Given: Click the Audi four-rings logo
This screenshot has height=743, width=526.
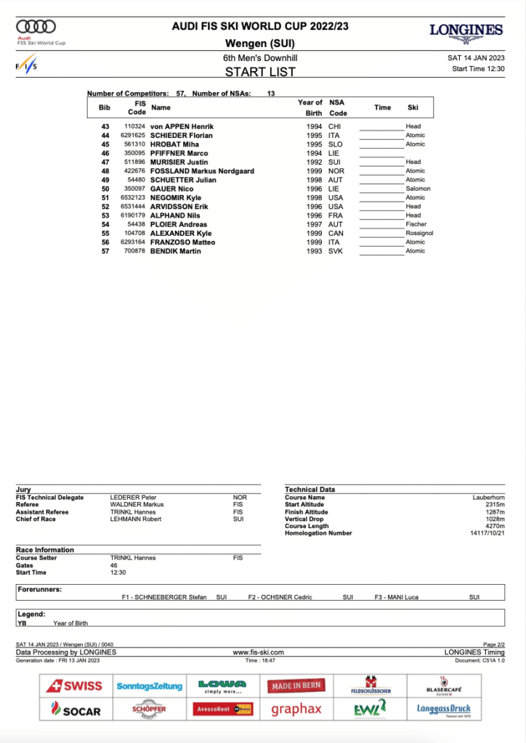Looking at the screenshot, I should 36,27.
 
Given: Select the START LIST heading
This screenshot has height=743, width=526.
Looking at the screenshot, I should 260,72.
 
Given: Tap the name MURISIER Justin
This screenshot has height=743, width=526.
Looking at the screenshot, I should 179,162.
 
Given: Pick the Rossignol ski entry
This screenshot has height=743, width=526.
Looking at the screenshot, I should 419,233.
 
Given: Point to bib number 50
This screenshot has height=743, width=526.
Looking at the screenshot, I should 105,189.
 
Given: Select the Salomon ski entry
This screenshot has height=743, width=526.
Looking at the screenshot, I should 418,189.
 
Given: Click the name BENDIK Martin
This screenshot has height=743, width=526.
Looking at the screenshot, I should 177,251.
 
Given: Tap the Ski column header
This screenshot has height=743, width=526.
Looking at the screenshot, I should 413,107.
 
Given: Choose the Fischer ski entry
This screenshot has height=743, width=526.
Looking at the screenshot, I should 416,224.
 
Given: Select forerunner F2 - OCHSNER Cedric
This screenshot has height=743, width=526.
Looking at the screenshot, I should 280,597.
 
